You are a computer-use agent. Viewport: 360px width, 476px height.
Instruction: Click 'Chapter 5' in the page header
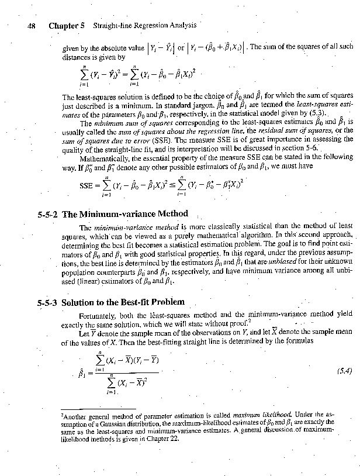[67, 26]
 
